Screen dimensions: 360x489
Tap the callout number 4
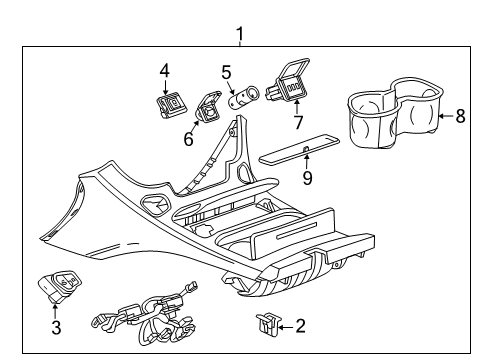click(x=164, y=69)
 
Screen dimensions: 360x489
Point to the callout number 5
click(x=227, y=72)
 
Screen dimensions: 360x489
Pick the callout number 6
click(x=187, y=140)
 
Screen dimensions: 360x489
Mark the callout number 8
click(x=460, y=116)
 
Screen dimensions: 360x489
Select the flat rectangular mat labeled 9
click(x=301, y=150)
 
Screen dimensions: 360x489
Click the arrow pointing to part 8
click(x=445, y=116)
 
